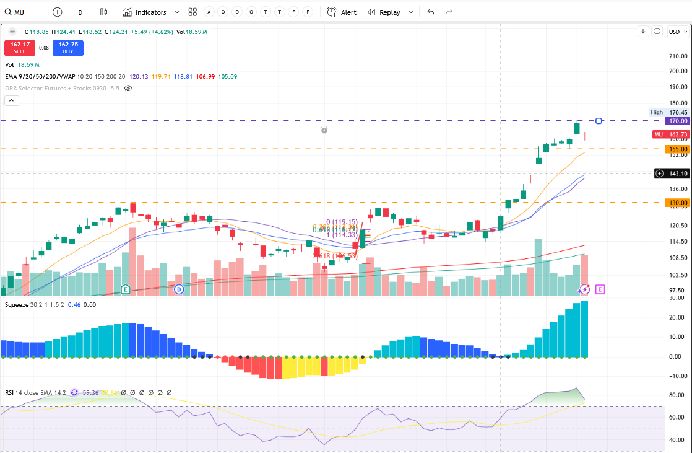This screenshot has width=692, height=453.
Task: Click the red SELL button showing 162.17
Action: [x=20, y=48]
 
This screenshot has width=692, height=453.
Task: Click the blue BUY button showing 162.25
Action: [x=68, y=48]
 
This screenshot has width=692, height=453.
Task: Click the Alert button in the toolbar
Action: [x=342, y=12]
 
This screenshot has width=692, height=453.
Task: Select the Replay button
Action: [x=383, y=12]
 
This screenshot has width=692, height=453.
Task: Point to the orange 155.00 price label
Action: [x=678, y=149]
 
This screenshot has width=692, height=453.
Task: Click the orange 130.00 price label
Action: [x=678, y=203]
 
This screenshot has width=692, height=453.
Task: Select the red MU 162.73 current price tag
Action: [x=673, y=134]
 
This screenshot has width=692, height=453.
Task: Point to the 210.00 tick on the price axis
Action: [x=678, y=56]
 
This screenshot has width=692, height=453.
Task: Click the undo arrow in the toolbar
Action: [x=431, y=12]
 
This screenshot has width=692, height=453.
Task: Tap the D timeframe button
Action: [x=80, y=12]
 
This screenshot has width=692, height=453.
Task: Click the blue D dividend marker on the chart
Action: [x=179, y=289]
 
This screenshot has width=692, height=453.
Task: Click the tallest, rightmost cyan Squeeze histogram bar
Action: [x=584, y=329]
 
